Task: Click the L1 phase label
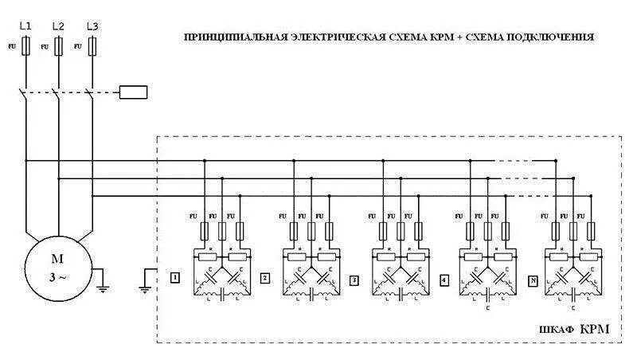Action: click(x=25, y=26)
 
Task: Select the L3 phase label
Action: click(x=92, y=26)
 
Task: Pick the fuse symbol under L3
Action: click(x=93, y=47)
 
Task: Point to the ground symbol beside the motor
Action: click(x=102, y=281)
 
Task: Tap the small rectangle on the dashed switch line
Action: click(x=133, y=92)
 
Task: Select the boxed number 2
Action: click(x=265, y=279)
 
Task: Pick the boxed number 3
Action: click(x=354, y=279)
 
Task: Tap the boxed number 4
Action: click(x=444, y=279)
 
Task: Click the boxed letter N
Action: click(x=532, y=279)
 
